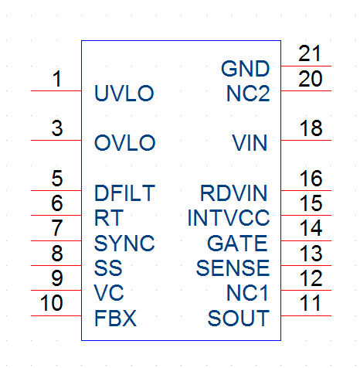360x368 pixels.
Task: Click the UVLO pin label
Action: point(124,93)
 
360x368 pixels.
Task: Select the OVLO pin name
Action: point(125,142)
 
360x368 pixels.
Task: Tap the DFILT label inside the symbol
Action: point(124,193)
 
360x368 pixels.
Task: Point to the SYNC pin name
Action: point(124,243)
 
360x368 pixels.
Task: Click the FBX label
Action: point(115,319)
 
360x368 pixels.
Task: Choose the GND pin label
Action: point(246,69)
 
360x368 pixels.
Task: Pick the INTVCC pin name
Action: point(229,218)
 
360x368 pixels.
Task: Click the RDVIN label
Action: point(233,193)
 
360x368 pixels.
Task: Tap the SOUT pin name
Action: point(239,319)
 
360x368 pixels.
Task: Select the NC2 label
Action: point(248,93)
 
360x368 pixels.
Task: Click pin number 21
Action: point(310,53)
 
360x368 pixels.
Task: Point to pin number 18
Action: point(311,128)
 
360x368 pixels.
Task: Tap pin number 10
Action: point(52,302)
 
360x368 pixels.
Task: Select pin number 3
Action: point(57,128)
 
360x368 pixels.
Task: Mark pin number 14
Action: point(311,228)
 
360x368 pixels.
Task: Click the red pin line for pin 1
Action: point(56,90)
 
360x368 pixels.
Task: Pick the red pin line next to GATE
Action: point(306,240)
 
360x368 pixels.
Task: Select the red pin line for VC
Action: point(56,290)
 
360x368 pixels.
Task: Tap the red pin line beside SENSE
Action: point(306,265)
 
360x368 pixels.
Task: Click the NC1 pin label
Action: point(247,293)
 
